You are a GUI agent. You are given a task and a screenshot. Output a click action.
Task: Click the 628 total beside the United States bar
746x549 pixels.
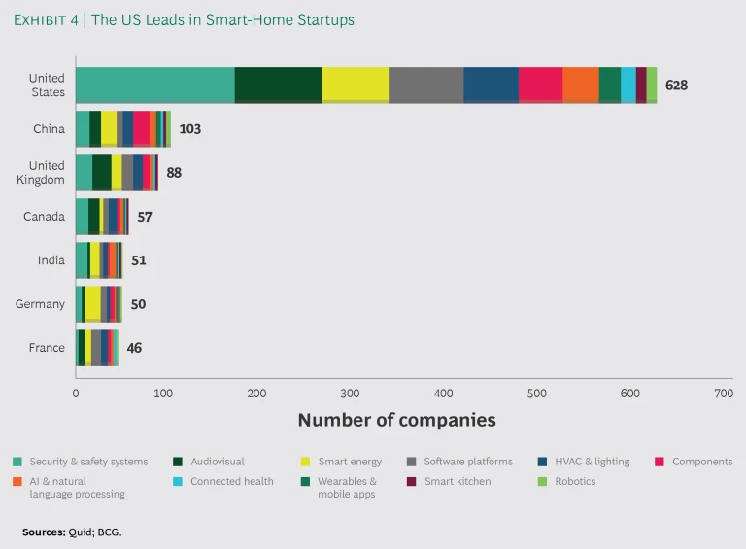pos(676,86)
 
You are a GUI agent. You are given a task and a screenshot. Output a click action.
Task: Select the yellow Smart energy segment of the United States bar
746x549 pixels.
pos(355,86)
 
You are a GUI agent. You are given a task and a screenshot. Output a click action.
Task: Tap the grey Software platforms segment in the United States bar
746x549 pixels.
pos(425,86)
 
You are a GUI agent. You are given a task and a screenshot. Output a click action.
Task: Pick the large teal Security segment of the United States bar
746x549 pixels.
pos(154,86)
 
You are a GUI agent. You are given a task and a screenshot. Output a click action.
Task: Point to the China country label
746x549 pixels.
pos(49,128)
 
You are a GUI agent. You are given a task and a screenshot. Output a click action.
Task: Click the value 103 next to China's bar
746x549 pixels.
pos(189,128)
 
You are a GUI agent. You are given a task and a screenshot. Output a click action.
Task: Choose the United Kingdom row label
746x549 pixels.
pos(47,172)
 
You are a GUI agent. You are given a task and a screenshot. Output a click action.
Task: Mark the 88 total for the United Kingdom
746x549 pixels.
pos(174,173)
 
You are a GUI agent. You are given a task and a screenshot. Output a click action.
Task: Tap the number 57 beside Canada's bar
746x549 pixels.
pos(145,217)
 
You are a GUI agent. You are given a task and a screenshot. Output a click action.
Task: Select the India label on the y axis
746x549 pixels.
pos(51,260)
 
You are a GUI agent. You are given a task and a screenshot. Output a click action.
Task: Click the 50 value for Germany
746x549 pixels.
pos(138,304)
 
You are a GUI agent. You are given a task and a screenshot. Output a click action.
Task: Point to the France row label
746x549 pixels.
pos(47,348)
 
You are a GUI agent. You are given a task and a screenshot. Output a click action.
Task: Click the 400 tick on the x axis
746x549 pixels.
pos(443,394)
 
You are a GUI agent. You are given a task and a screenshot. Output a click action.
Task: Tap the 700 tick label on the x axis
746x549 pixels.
pos(722,394)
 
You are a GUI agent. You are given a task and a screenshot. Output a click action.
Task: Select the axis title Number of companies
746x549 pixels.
pos(396,420)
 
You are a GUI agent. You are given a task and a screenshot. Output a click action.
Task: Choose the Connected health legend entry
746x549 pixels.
pos(231,481)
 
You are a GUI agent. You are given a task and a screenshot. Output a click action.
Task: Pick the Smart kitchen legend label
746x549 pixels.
pos(458,481)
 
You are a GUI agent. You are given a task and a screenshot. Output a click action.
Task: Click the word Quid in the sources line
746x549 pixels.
pos(82,532)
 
